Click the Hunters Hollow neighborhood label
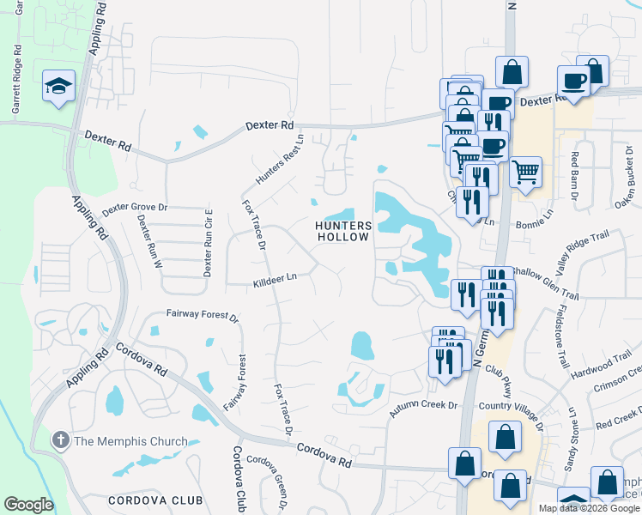[x=343, y=231]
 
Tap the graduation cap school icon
[x=58, y=86]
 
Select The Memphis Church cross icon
[x=60, y=441]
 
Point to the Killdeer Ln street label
[x=275, y=281]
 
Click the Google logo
[x=28, y=505]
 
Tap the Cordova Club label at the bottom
[x=155, y=500]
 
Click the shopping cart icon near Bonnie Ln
[x=525, y=169]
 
